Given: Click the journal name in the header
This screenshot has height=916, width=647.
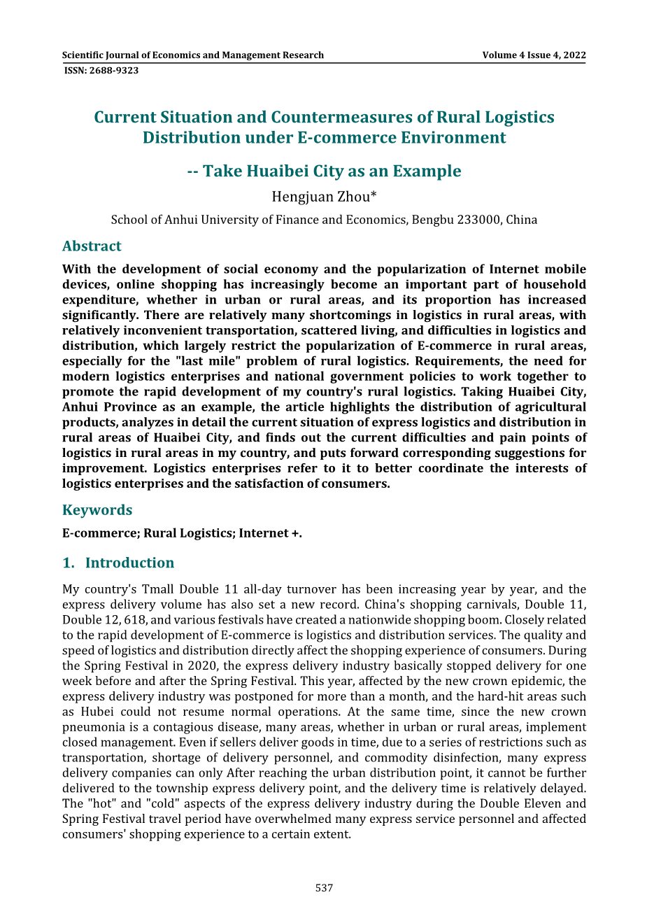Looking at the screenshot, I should [x=192, y=55].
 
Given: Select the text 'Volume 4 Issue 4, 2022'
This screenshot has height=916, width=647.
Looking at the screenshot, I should [x=534, y=55].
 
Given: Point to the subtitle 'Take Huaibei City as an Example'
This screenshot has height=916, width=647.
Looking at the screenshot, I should [x=332, y=171].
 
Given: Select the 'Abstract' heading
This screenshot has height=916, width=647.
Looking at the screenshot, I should [x=92, y=246].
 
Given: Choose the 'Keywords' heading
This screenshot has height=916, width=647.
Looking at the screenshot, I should [x=97, y=510].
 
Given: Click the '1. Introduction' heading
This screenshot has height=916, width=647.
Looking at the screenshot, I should [x=118, y=563].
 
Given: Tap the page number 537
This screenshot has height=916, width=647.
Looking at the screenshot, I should [x=324, y=888].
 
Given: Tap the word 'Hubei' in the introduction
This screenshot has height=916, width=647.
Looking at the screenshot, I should [x=95, y=712].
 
